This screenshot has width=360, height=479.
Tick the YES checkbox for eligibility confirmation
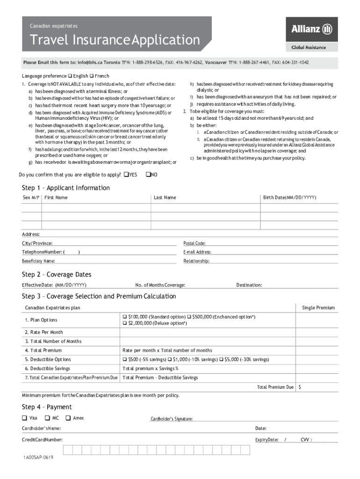(126, 175)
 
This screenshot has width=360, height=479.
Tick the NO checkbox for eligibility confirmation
(148, 175)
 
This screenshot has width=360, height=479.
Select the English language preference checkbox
(70, 76)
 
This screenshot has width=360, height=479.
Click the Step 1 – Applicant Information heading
(65, 188)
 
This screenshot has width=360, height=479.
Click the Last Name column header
(165, 198)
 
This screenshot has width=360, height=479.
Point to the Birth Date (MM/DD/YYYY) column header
(289, 198)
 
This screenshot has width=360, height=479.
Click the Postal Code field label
(194, 243)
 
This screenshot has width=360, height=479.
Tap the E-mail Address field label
(197, 252)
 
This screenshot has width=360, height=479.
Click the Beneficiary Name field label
(38, 261)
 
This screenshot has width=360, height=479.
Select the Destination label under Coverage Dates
(249, 285)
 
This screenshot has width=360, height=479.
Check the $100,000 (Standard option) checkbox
(124, 317)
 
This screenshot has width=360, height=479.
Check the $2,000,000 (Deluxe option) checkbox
(124, 323)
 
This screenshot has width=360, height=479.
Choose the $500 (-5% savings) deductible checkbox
(124, 360)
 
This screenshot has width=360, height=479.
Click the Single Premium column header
(318, 308)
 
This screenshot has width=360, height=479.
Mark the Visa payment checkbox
(24, 418)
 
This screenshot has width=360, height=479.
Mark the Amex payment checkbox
(68, 418)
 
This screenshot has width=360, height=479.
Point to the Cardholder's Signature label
(171, 419)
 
